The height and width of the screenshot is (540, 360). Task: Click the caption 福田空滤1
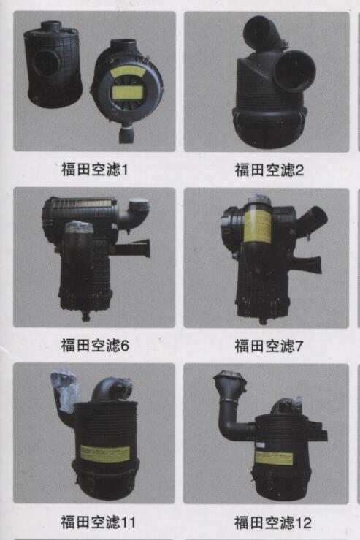click(x=95, y=169)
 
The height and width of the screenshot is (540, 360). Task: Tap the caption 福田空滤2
click(x=269, y=170)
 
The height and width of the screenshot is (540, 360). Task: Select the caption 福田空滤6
click(x=95, y=345)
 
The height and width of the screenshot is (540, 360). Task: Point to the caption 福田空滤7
click(x=269, y=346)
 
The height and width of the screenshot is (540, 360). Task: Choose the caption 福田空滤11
click(x=98, y=522)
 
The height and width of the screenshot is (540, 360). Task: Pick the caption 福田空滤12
click(x=273, y=522)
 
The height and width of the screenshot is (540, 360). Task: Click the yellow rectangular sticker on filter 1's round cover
click(x=127, y=92)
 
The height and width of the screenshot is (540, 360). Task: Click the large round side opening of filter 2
click(x=295, y=72)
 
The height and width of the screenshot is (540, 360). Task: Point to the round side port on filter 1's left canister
click(x=47, y=62)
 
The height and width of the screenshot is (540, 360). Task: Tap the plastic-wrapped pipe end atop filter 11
click(x=65, y=390)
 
